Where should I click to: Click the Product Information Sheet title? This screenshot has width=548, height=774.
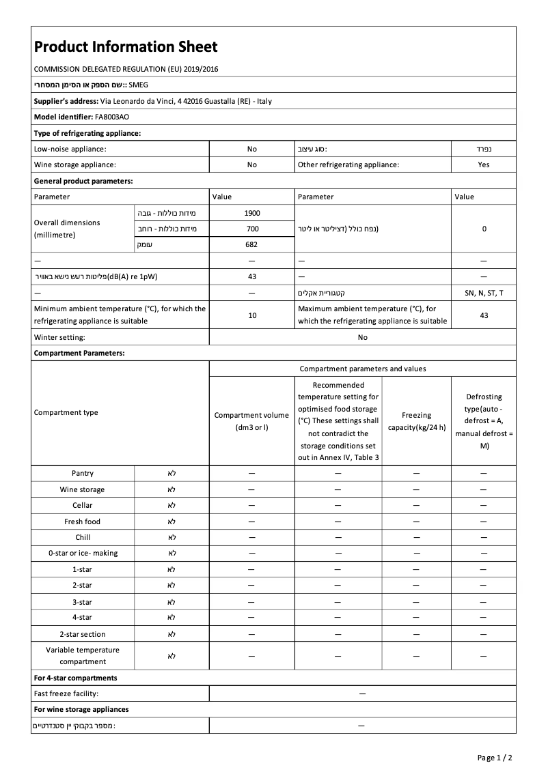126,47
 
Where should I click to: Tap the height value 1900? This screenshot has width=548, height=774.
252,213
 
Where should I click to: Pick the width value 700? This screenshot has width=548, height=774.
252,229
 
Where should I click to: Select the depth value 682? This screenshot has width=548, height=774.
252,244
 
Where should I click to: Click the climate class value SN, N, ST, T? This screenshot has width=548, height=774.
484,292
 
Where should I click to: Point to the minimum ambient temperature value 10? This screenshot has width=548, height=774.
252,315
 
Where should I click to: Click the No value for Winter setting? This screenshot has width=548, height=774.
362,337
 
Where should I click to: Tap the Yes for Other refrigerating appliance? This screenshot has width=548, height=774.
484,164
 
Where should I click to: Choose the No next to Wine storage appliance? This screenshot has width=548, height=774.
252,164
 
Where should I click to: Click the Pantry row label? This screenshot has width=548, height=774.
83,473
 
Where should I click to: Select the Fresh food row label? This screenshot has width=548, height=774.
83,521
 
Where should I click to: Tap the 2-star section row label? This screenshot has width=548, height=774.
83,634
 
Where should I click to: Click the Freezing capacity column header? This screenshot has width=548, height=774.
416,421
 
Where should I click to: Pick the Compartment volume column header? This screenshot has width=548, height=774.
251,421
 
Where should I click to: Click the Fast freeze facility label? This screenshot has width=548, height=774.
66,693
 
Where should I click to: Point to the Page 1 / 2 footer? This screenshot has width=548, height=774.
494,758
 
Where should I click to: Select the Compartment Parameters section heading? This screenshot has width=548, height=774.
79,354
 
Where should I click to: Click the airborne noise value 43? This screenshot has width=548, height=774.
252,276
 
